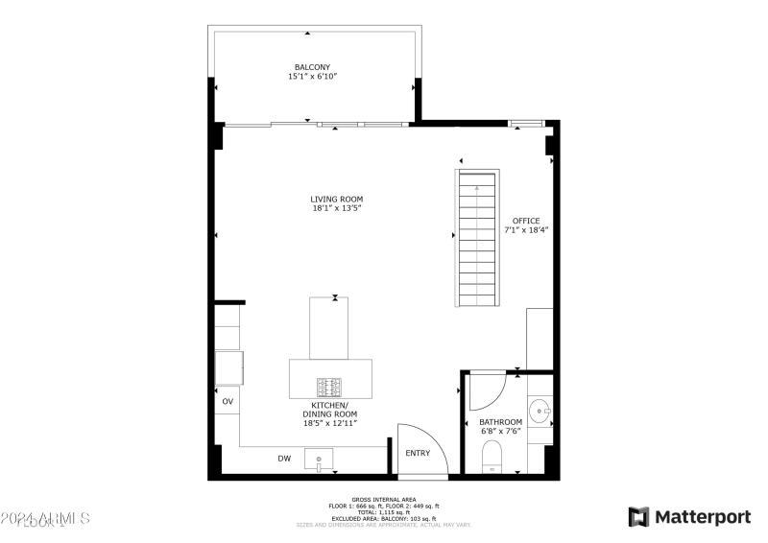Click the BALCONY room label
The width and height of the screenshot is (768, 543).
click(x=312, y=67)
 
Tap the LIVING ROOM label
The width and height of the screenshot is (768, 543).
click(x=336, y=199)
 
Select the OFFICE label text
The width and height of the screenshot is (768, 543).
click(x=526, y=221)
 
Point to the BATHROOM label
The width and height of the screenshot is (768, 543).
click(x=501, y=422)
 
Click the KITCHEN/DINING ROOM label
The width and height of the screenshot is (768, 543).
click(x=330, y=411)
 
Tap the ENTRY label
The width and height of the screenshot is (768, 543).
click(x=418, y=454)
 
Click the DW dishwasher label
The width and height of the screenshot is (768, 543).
click(x=284, y=459)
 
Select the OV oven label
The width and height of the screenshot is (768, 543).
click(x=228, y=401)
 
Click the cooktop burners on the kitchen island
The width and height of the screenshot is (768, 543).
click(x=330, y=388)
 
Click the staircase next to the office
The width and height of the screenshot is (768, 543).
click(x=477, y=237)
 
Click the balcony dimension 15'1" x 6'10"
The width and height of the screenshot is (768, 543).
click(x=312, y=77)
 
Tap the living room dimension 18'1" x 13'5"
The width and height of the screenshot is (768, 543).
click(x=336, y=208)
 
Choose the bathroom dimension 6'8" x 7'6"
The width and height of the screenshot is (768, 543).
click(x=501, y=432)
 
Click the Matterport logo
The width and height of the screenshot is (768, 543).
click(x=689, y=517)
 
